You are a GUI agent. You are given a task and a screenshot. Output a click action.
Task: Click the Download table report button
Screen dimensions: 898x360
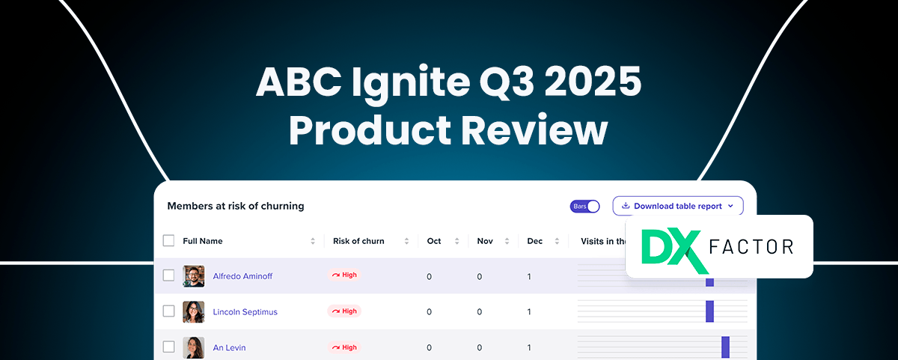(x=678, y=206)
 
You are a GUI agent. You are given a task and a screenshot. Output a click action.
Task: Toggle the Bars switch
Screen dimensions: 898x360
(x=585, y=207)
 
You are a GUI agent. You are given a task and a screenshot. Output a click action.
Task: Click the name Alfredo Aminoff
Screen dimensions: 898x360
(x=242, y=276)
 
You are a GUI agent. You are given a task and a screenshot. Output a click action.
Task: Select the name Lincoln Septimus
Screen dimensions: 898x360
(x=245, y=312)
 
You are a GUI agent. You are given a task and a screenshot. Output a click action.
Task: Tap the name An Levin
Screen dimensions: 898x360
(x=229, y=347)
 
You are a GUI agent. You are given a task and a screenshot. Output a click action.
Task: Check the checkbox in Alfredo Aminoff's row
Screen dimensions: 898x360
(x=169, y=275)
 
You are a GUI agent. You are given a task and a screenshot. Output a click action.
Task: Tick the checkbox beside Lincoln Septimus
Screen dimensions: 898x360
(x=169, y=311)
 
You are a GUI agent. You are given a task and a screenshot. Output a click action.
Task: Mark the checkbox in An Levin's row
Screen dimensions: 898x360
(x=169, y=347)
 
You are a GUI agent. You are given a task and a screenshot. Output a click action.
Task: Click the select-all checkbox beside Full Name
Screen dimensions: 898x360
(x=169, y=240)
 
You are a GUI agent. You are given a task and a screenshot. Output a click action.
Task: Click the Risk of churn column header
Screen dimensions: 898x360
(x=358, y=241)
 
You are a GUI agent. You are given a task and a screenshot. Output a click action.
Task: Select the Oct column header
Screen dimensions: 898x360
(x=434, y=241)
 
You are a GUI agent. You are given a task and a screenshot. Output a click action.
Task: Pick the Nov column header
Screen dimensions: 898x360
(x=485, y=241)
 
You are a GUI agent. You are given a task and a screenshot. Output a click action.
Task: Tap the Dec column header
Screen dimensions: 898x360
(x=535, y=241)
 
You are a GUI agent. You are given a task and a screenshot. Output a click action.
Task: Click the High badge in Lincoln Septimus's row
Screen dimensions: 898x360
(x=344, y=311)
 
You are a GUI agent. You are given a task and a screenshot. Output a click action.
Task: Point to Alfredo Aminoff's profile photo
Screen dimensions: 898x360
(x=194, y=276)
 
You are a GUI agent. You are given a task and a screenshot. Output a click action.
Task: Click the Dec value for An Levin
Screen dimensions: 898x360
(x=529, y=347)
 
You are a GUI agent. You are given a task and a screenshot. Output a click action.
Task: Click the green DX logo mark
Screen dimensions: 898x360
(x=675, y=250)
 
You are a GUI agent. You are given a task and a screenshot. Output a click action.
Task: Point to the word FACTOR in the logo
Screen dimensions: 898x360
(x=751, y=246)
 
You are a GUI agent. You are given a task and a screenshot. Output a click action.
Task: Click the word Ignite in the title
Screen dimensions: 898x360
(x=411, y=83)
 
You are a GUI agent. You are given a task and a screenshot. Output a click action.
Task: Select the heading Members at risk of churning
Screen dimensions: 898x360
(x=236, y=206)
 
